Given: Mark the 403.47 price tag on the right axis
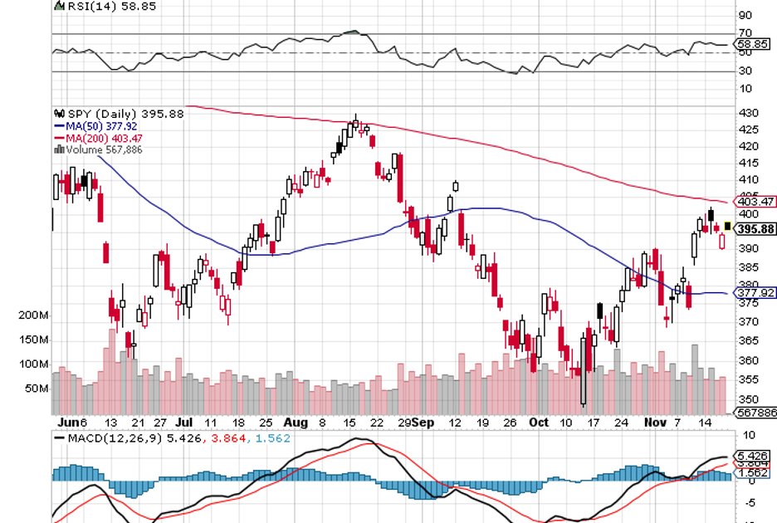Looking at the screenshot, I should pyautogui.click(x=755, y=201).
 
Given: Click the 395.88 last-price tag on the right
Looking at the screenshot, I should pyautogui.click(x=755, y=229).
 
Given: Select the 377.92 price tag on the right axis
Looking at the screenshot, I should pyautogui.click(x=755, y=293).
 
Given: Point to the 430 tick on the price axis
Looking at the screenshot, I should pyautogui.click(x=748, y=112).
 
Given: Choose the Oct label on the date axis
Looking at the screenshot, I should pyautogui.click(x=540, y=422).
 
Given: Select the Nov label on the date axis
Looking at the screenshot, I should pyautogui.click(x=657, y=422).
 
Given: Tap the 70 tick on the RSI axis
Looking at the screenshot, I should pyautogui.click(x=745, y=33).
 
